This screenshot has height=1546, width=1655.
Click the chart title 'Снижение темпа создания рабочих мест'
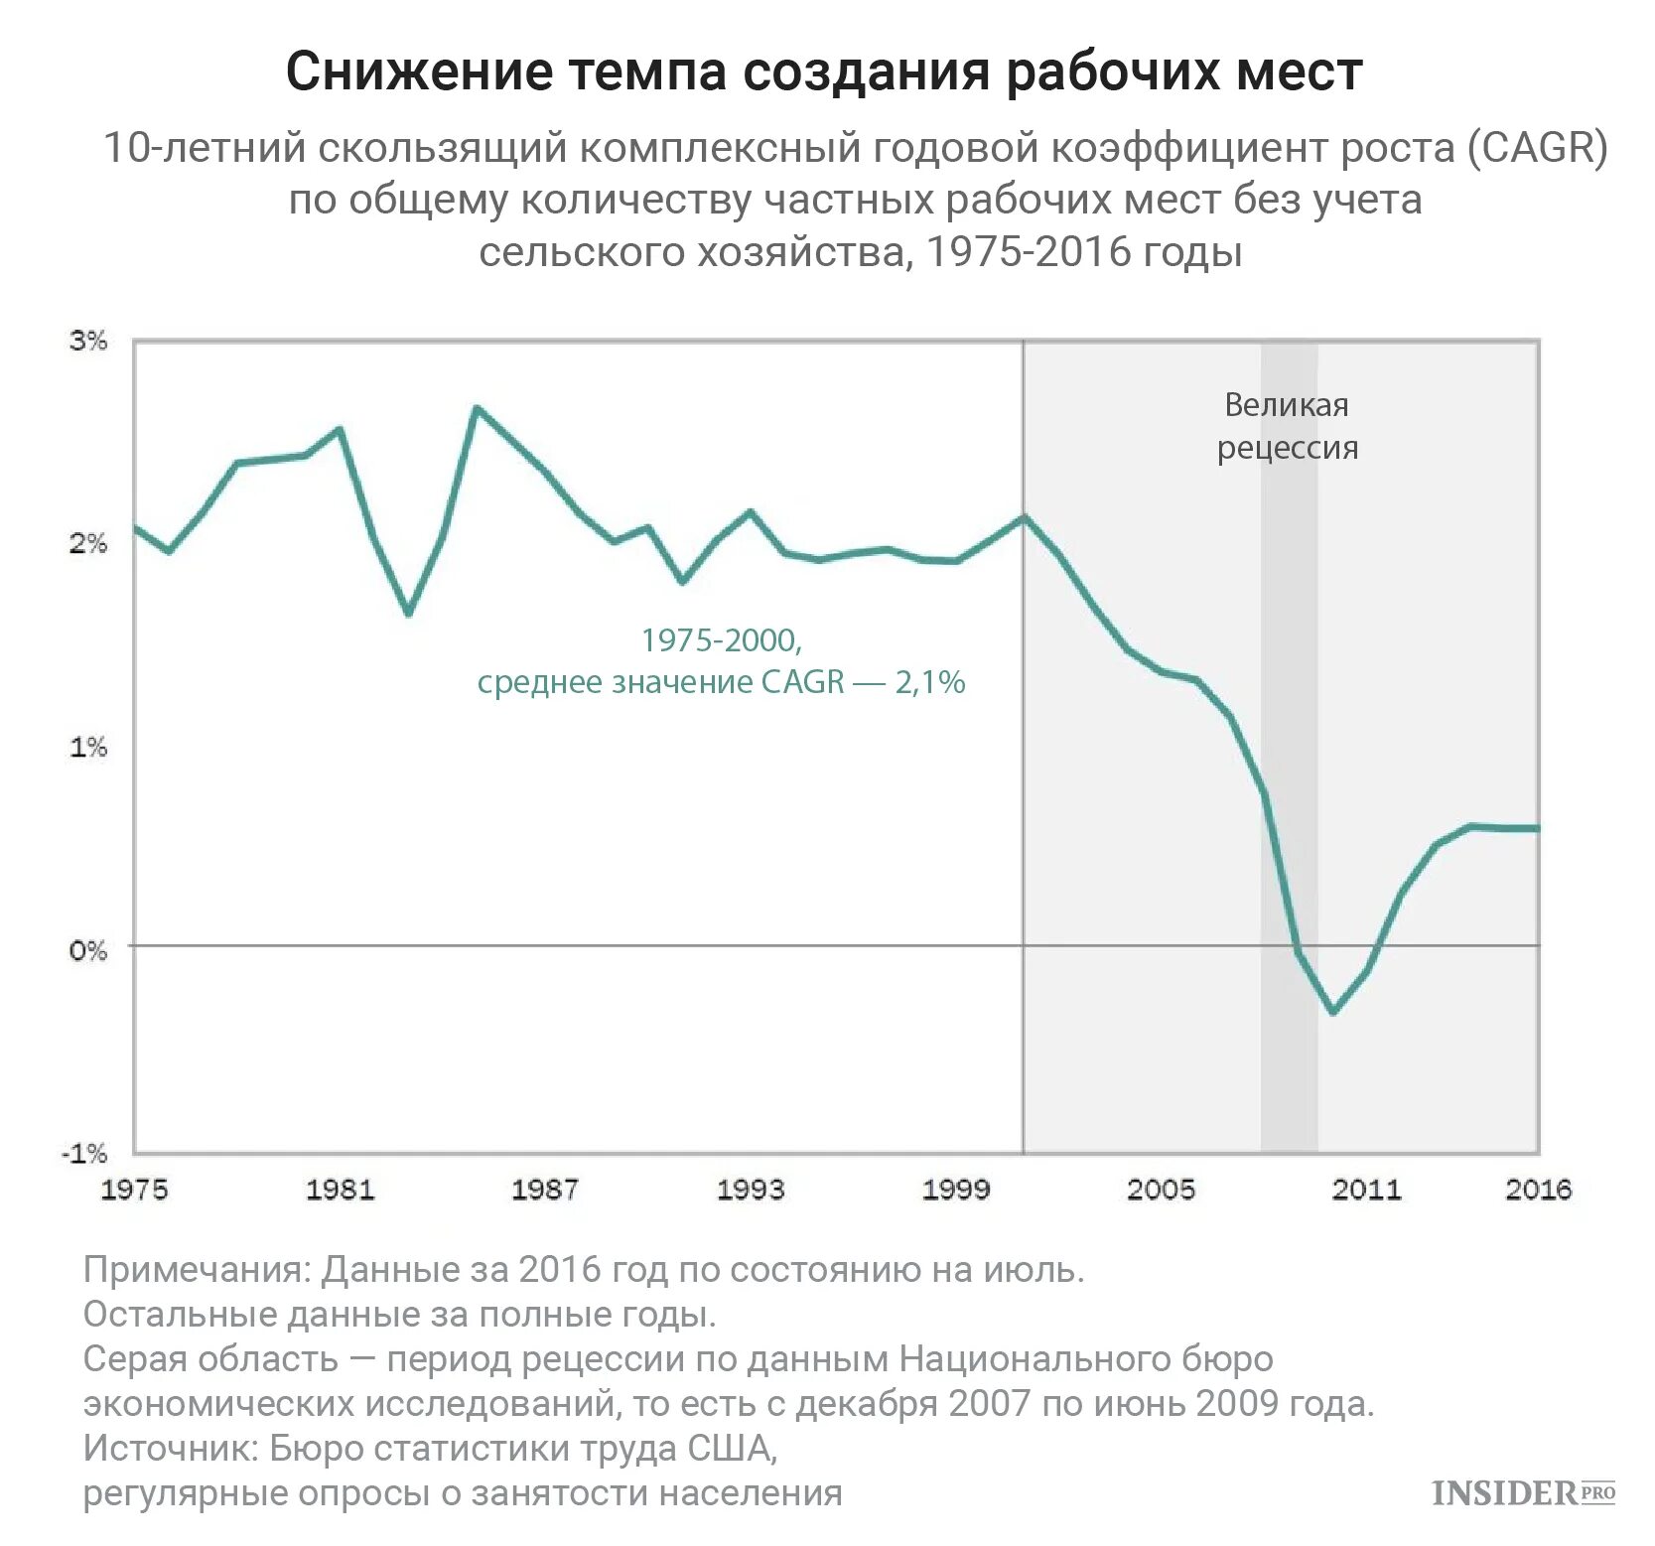click(824, 71)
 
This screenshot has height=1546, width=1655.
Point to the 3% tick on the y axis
click(87, 342)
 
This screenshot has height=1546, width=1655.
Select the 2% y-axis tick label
click(87, 544)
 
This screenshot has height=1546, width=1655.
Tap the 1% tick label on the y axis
click(87, 747)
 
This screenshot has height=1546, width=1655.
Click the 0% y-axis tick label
click(87, 950)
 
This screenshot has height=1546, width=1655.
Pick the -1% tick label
click(84, 1153)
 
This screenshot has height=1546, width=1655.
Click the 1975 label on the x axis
click(135, 1190)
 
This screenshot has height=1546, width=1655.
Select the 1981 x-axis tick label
click(340, 1190)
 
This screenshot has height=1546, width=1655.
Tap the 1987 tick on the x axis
click(545, 1190)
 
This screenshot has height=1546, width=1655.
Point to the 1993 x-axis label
click(751, 1190)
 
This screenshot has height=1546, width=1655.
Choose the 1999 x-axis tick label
click(956, 1190)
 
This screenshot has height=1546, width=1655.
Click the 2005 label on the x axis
click(1161, 1190)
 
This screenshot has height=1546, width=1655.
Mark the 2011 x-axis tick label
click(1366, 1190)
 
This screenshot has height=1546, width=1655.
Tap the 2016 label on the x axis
click(1538, 1190)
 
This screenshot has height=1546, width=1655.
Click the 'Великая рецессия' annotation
click(1288, 426)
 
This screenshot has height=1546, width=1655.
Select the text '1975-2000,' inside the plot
click(721, 640)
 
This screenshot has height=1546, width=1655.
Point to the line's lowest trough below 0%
click(1332, 1012)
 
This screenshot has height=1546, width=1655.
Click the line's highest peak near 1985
click(477, 408)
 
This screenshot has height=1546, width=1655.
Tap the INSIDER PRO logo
click(1523, 1492)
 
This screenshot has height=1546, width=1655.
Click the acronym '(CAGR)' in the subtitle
click(1537, 149)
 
